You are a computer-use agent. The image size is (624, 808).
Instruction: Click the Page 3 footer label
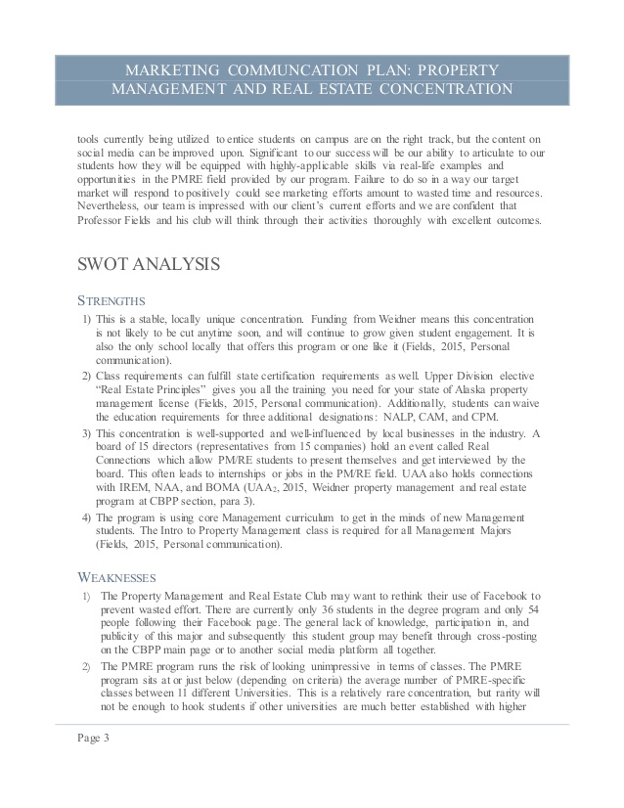click(94, 739)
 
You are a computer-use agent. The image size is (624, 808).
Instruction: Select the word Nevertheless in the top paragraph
click(111, 207)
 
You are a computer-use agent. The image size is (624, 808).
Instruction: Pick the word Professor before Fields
click(105, 222)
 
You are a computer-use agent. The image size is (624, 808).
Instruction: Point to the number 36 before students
click(308, 609)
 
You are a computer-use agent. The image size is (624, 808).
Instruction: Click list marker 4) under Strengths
click(87, 517)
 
